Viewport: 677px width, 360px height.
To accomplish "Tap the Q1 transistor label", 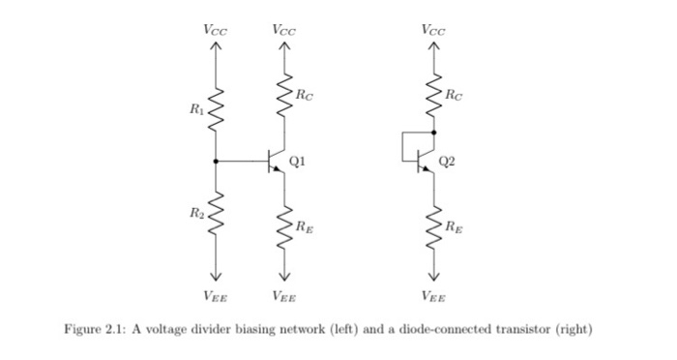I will [299, 163].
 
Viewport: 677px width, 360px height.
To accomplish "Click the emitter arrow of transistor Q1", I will [280, 171].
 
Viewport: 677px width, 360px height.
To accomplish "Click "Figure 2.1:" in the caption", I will [89, 329].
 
